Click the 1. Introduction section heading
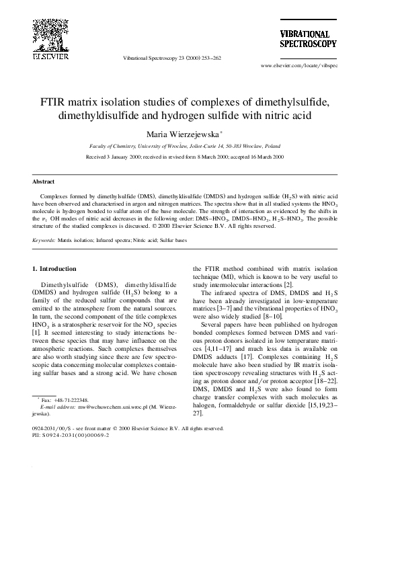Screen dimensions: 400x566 point(58,269)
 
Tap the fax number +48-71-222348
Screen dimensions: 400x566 point(72,399)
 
